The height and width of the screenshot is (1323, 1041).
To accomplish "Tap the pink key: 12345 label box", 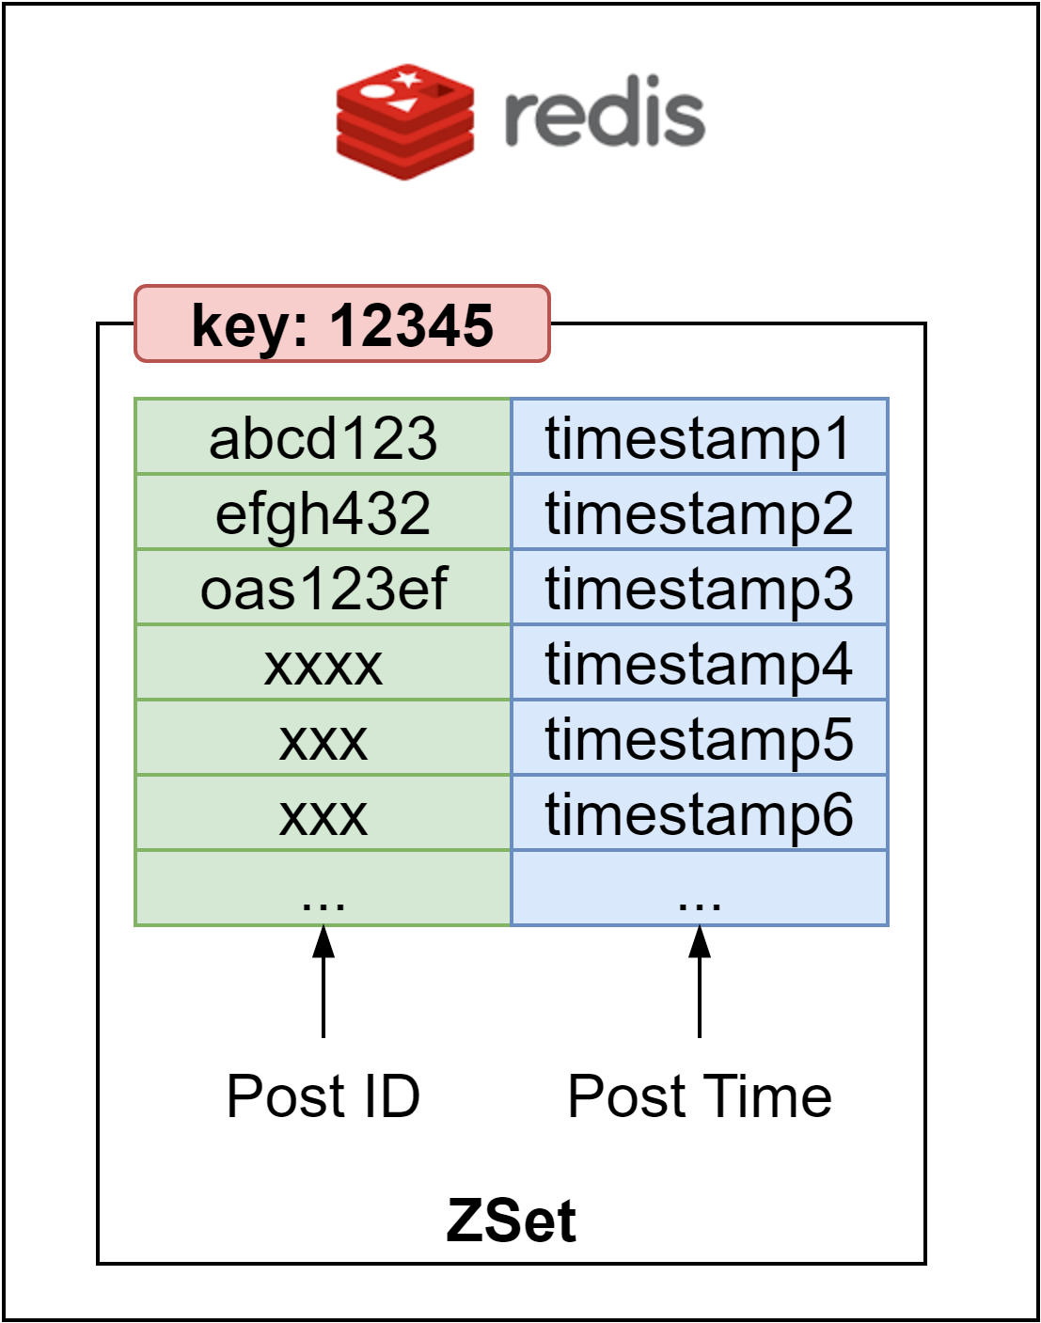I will (x=342, y=324).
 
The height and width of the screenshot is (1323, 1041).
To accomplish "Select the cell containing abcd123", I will (x=323, y=437).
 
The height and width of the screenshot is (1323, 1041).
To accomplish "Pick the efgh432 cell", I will (x=323, y=512).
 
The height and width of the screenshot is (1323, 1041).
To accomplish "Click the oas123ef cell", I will (x=323, y=588).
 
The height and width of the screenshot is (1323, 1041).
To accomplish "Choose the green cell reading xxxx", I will (x=323, y=664).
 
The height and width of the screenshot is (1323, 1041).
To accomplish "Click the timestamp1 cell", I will (x=699, y=437).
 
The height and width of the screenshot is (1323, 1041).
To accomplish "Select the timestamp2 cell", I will (x=699, y=512).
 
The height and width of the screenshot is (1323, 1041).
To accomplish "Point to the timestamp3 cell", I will (x=699, y=588).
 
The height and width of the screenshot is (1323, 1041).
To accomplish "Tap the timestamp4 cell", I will (x=699, y=663).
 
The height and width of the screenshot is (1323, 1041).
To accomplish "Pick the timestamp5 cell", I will (x=699, y=738).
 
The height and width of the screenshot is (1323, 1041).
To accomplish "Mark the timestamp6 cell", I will (x=699, y=813).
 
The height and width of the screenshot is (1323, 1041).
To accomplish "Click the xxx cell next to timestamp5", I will (x=323, y=739).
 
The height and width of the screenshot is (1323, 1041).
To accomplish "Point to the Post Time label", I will (x=700, y=1095).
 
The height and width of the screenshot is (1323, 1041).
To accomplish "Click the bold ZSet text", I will (x=511, y=1221).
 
